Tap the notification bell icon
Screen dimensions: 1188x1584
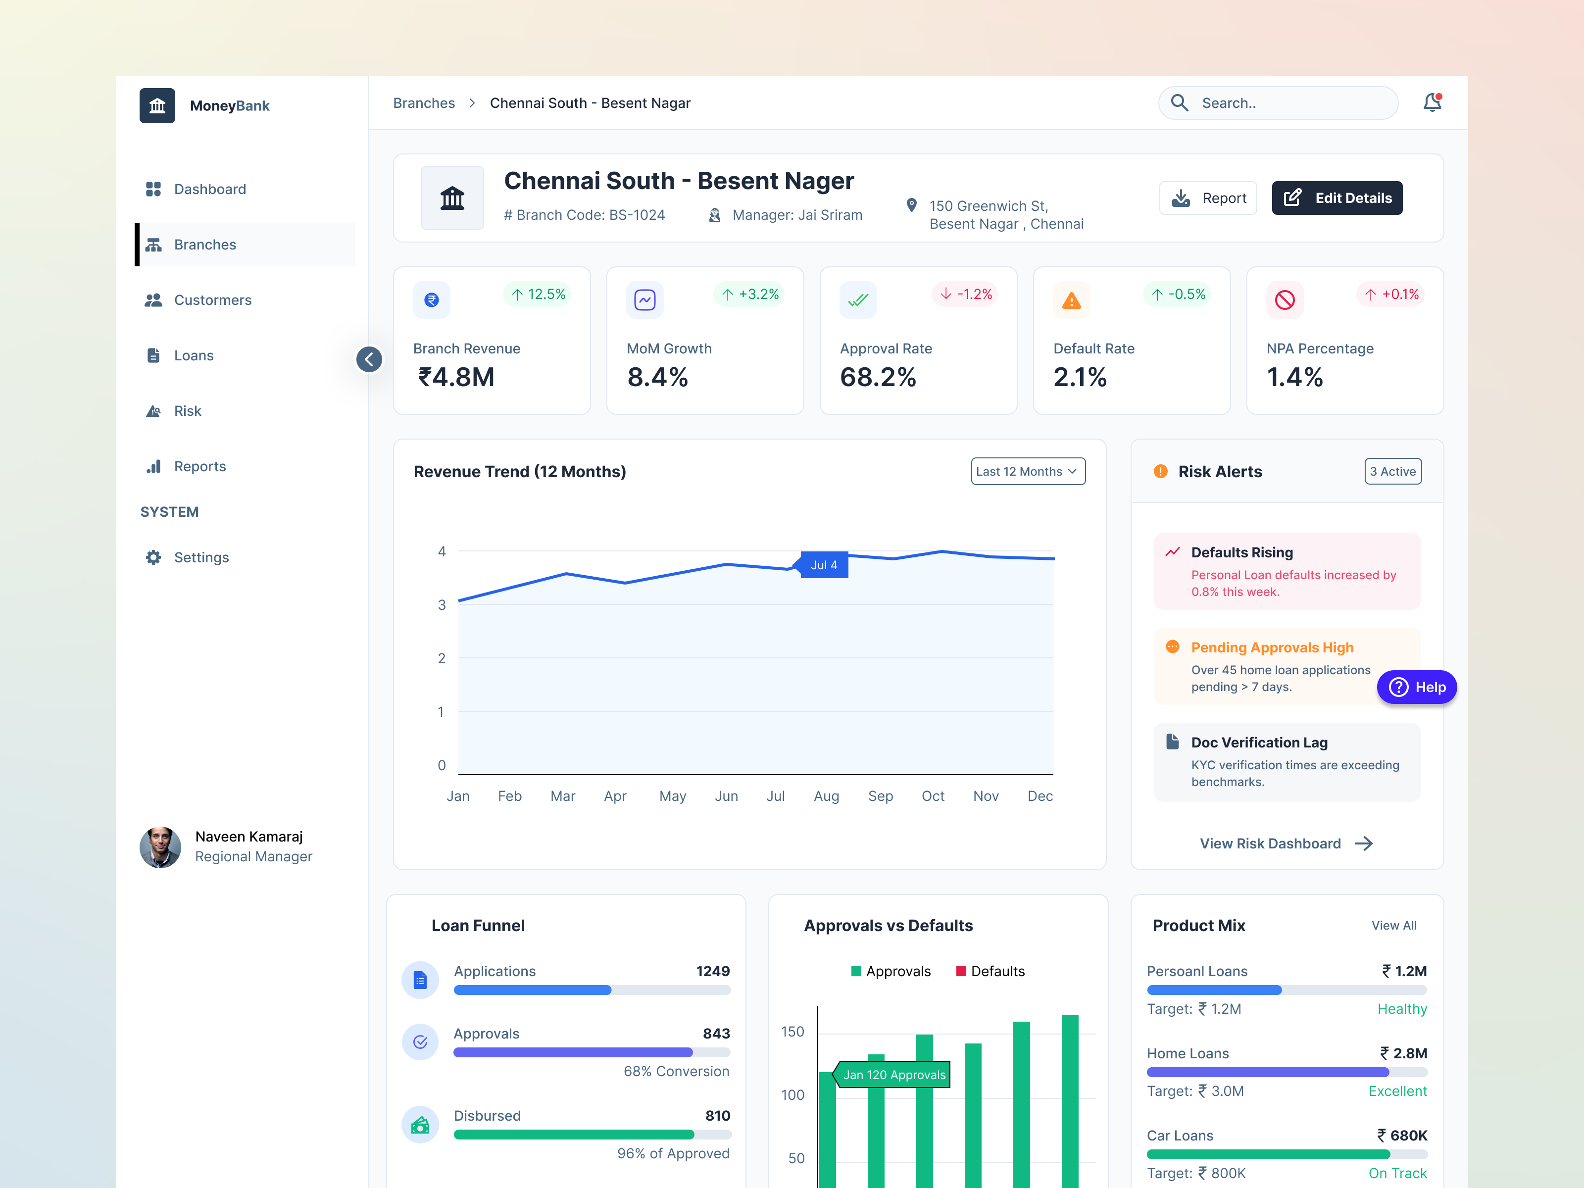1432,103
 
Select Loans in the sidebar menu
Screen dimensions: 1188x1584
194,356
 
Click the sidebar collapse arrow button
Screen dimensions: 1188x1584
369,359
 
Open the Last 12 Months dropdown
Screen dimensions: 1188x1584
1027,472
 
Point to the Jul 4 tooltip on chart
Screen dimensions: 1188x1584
824,565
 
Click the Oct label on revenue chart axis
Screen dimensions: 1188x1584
933,796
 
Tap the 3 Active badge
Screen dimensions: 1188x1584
1392,472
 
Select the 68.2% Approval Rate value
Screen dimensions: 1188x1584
878,377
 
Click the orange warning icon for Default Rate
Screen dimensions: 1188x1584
1071,301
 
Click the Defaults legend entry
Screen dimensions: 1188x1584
990,972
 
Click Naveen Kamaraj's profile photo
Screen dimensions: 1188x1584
160,847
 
